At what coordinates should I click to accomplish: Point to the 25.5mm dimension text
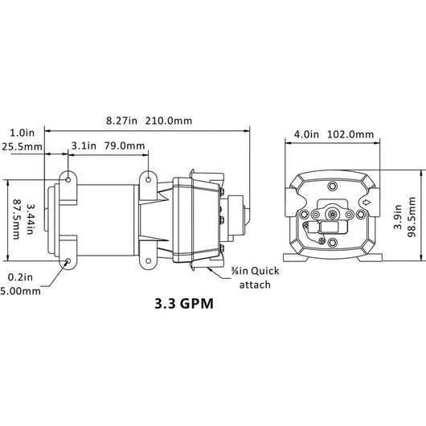[22, 148]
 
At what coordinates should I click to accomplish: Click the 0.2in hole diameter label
[20, 277]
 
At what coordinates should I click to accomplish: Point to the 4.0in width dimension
[306, 134]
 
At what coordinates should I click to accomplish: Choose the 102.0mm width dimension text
[351, 134]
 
